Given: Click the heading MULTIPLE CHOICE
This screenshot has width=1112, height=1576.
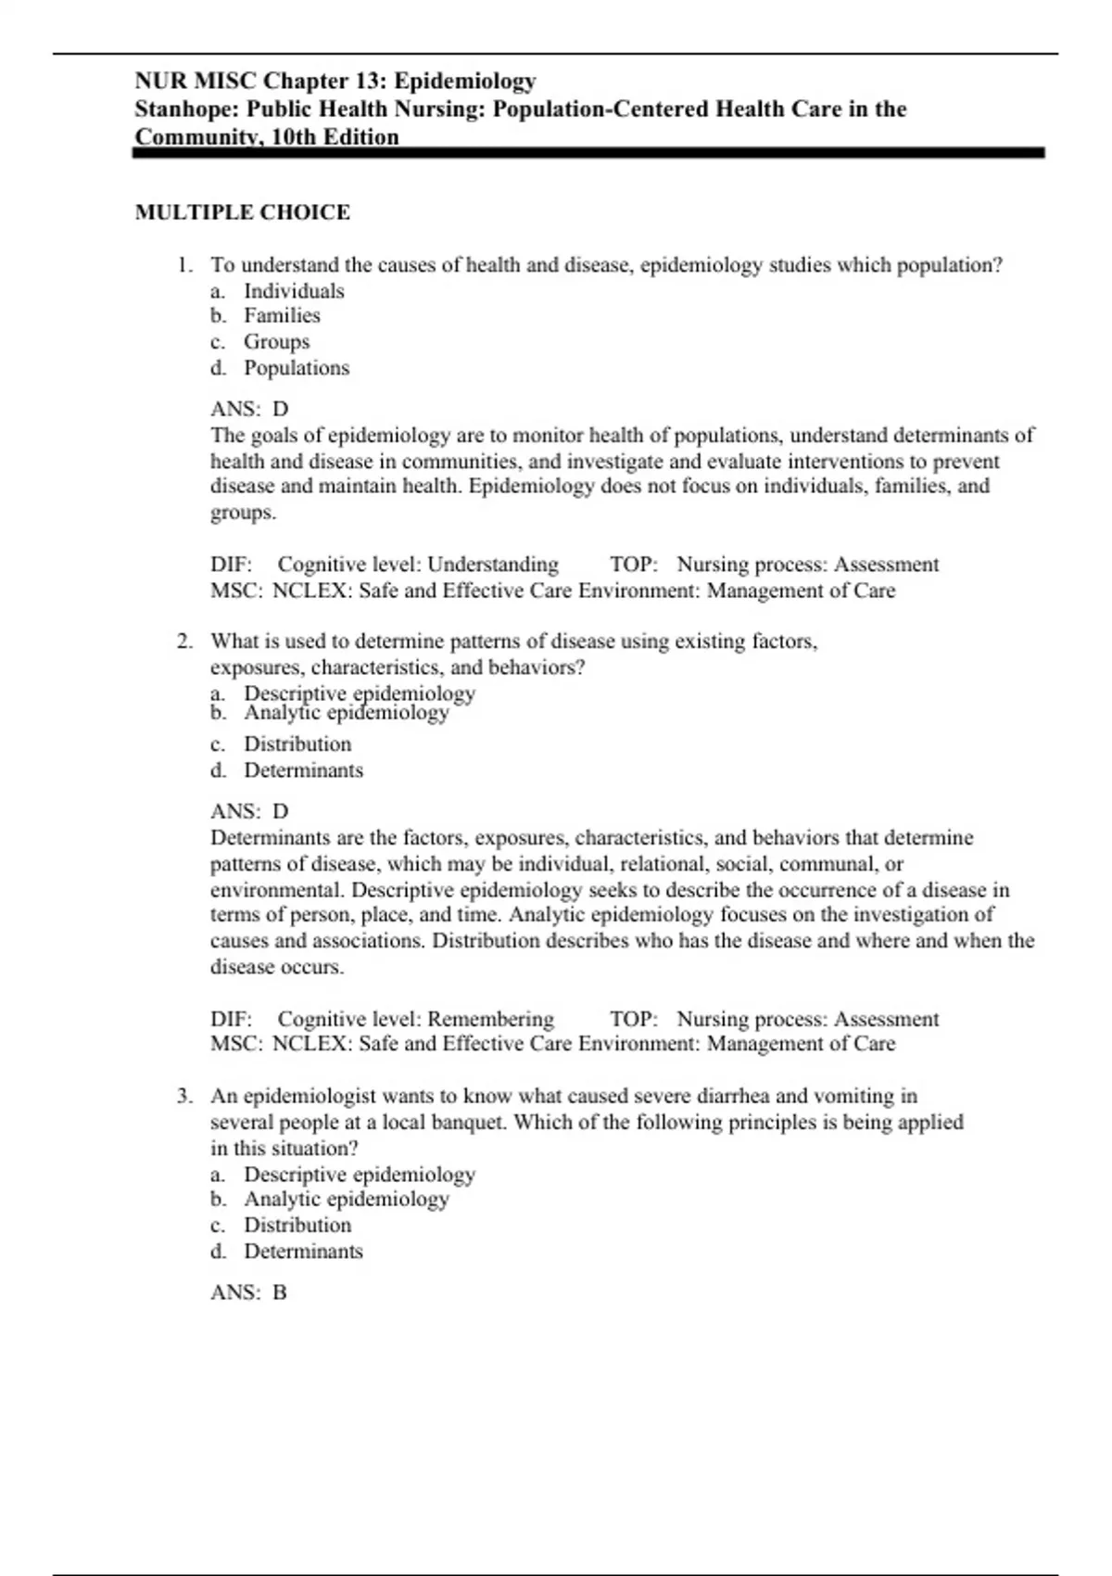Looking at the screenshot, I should point(243,212).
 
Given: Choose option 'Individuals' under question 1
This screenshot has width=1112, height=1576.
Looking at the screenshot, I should point(294,291).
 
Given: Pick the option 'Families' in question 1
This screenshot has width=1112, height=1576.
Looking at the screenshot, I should point(282,316).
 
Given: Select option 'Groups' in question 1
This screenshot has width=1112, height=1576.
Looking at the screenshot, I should point(276,342).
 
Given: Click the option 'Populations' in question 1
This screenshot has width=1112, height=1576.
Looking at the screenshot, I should point(297,368).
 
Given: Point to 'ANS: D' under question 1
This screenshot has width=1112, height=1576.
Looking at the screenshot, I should point(249,409).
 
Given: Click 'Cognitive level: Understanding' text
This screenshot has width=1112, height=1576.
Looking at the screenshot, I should point(418,565).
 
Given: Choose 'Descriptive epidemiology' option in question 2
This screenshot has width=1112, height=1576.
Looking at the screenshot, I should point(360,693).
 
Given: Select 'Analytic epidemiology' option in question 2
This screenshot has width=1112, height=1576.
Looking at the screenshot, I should point(347,713).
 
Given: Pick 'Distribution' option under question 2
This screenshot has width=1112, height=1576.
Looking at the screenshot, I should point(297,744).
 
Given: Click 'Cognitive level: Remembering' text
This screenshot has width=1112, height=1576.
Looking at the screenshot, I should point(415,1019).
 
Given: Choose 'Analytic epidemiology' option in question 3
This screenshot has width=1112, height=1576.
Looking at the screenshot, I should point(347,1200).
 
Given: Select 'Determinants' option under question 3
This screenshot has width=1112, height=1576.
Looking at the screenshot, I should point(303,1252).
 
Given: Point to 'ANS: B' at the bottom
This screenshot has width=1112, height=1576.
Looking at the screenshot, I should point(248,1292).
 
